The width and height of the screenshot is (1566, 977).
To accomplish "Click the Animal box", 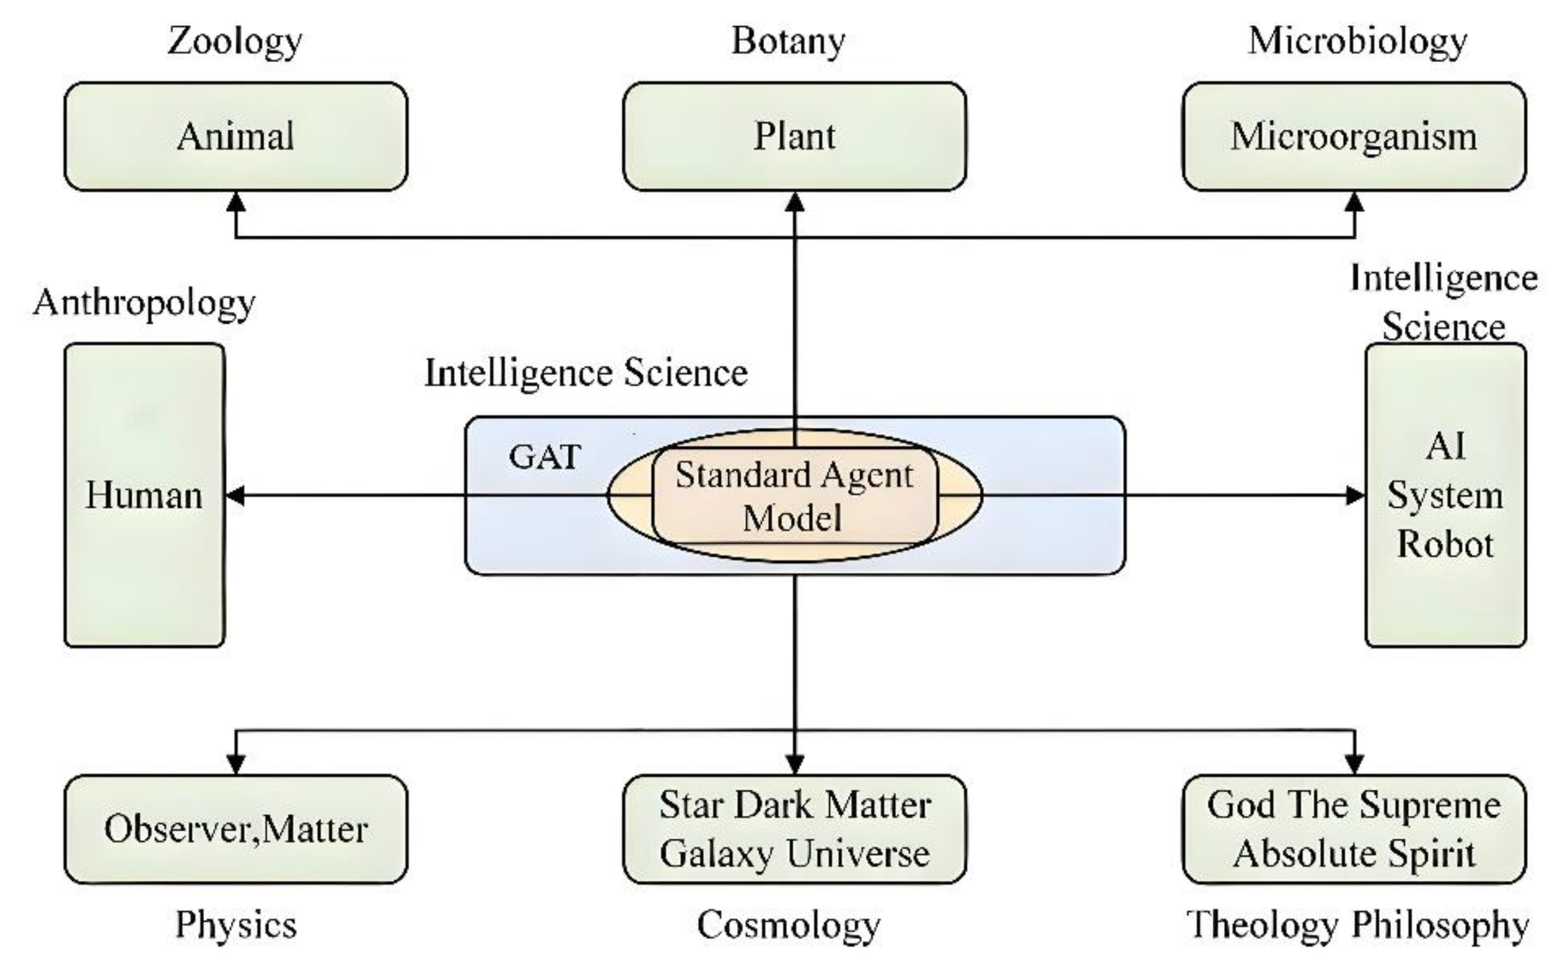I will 236,136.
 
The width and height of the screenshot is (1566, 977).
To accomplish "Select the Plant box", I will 794,136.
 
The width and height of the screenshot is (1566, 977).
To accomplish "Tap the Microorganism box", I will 1353,136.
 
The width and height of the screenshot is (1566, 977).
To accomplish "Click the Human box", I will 144,495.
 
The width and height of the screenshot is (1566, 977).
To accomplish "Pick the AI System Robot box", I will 1445,495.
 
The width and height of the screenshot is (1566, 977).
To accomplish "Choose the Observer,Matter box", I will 236,829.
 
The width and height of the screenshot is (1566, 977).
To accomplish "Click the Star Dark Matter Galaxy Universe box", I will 794,829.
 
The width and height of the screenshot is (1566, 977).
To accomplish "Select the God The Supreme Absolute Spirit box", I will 1353,829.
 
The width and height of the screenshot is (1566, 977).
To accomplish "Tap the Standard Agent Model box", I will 794,496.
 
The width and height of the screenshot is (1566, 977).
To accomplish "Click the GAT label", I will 544,457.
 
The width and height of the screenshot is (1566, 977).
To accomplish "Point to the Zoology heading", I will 235,41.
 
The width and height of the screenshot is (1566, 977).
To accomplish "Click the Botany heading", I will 788,41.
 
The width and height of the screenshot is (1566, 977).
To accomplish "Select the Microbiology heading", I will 1357,41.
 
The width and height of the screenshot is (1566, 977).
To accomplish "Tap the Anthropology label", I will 144,302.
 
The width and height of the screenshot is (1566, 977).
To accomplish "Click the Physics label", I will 236,924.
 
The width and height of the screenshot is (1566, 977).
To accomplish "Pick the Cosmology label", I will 788,924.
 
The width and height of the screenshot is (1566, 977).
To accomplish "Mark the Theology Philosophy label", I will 1357,924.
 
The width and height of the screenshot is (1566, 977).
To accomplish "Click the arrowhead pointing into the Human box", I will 234,496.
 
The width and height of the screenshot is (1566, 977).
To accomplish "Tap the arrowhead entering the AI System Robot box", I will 1355,496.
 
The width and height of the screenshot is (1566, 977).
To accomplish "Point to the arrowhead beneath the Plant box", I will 794,202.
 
